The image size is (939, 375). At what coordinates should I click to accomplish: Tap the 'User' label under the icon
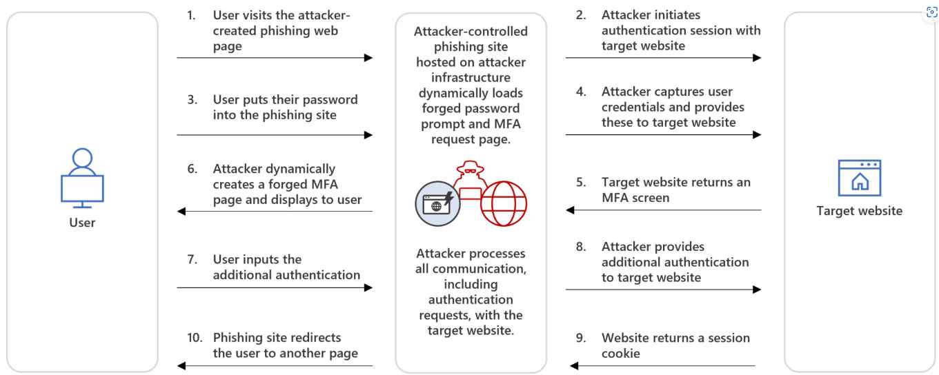[x=83, y=223]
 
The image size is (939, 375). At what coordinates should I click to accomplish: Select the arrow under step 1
[x=275, y=58]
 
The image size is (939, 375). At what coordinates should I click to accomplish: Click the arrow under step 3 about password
[x=275, y=135]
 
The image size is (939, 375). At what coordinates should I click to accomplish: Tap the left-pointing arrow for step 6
[x=275, y=212]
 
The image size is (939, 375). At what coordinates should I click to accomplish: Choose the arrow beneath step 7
[x=275, y=288]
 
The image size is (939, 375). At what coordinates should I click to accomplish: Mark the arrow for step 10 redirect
[x=275, y=366]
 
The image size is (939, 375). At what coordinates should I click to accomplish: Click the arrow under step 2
[x=663, y=58]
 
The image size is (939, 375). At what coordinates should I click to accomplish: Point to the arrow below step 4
[x=663, y=135]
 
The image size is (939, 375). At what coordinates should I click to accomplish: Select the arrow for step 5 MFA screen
[x=663, y=210]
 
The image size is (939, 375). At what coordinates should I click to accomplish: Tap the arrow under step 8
[x=663, y=290]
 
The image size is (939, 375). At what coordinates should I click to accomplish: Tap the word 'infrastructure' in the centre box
[x=471, y=78]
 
